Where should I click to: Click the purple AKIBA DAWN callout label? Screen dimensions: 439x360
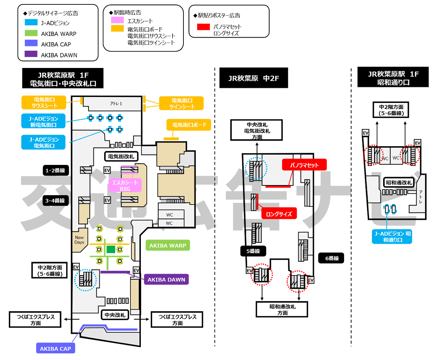click(x=166, y=280)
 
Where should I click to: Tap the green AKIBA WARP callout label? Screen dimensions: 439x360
click(x=168, y=245)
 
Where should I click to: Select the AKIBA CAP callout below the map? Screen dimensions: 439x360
click(x=56, y=349)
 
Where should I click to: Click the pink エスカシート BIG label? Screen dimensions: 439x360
click(x=125, y=186)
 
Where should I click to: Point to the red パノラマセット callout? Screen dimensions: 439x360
click(x=304, y=165)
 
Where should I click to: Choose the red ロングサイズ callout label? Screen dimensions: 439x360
click(x=279, y=214)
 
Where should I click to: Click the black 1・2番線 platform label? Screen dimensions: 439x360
click(x=56, y=170)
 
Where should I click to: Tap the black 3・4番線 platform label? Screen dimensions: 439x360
click(x=56, y=201)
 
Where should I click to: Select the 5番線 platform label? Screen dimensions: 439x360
click(x=253, y=251)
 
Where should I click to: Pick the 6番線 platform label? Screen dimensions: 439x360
click(x=332, y=258)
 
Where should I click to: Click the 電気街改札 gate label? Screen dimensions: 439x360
click(x=121, y=156)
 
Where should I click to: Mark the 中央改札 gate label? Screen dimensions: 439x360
click(x=115, y=315)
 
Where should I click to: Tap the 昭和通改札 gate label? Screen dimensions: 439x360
click(x=399, y=182)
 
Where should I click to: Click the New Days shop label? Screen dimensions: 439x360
click(x=79, y=240)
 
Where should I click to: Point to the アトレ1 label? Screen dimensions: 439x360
click(x=116, y=104)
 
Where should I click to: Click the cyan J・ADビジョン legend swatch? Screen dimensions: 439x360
click(x=31, y=22)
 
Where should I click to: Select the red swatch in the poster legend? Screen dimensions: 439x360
click(x=204, y=26)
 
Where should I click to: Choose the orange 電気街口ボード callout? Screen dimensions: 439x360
click(x=189, y=125)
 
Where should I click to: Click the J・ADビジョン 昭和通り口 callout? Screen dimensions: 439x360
click(x=392, y=237)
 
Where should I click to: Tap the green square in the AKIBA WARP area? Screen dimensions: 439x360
click(x=111, y=249)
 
